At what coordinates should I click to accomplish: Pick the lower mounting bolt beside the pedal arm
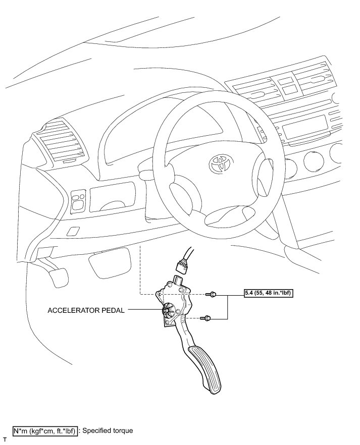(206, 318)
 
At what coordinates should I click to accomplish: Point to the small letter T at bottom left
(5, 440)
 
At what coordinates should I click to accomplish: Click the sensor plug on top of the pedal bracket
(178, 280)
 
